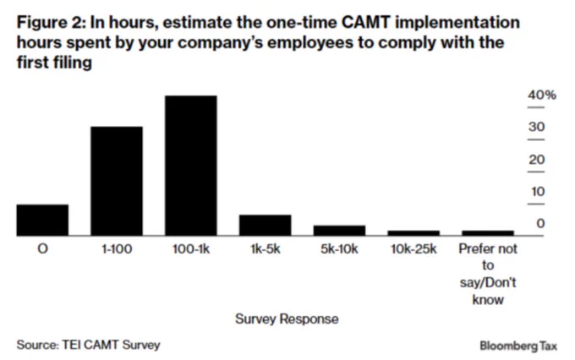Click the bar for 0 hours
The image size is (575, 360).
tap(42, 220)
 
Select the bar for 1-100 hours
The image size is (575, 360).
tap(117, 181)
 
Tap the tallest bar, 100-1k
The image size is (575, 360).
tap(191, 166)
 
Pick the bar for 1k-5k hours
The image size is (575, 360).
tap(266, 225)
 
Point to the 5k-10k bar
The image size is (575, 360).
tap(339, 231)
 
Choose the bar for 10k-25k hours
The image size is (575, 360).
tap(413, 233)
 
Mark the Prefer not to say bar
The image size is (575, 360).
tap(488, 233)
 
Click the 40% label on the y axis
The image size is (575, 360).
tap(542, 95)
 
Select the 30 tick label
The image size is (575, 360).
tap(536, 128)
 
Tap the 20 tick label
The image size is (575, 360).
tap(536, 160)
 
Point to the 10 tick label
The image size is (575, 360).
tap(538, 191)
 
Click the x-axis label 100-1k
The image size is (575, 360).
tap(191, 249)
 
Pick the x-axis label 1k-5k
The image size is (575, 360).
tap(266, 249)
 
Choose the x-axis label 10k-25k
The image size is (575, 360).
tap(413, 249)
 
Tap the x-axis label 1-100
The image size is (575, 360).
tap(117, 249)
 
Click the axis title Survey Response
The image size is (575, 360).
tap(287, 319)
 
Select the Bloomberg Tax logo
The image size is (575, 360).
tap(518, 346)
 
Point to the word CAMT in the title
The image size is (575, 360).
tap(365, 22)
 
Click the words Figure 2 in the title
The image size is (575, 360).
tap(51, 23)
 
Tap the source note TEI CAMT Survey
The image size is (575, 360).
tap(111, 345)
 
